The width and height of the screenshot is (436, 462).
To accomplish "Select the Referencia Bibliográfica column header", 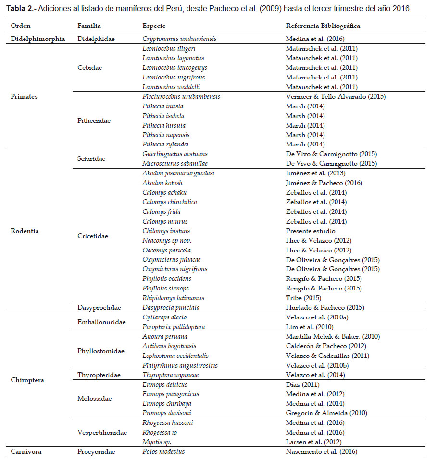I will [x=323, y=26].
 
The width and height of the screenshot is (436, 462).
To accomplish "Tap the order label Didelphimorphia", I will [x=37, y=39].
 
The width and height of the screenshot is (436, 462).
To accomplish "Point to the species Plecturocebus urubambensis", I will [x=181, y=96].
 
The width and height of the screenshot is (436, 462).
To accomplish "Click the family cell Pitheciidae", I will [x=94, y=120].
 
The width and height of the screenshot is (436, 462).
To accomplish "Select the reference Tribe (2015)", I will [x=303, y=298].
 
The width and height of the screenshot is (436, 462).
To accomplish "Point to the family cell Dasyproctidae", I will [x=99, y=307].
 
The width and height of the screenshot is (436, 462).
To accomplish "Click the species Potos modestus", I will [x=163, y=451].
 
